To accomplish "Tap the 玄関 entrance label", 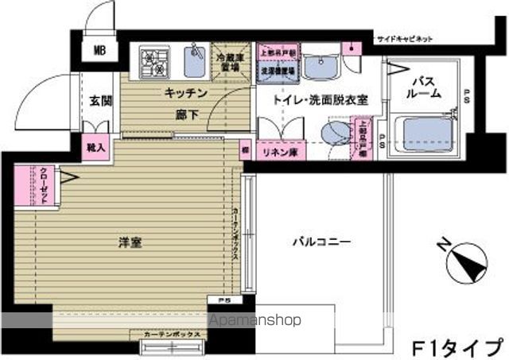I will (x=100, y=101).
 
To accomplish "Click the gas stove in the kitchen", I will (x=153, y=60).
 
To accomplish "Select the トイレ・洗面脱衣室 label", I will (x=309, y=101).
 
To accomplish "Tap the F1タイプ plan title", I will (x=457, y=346).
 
